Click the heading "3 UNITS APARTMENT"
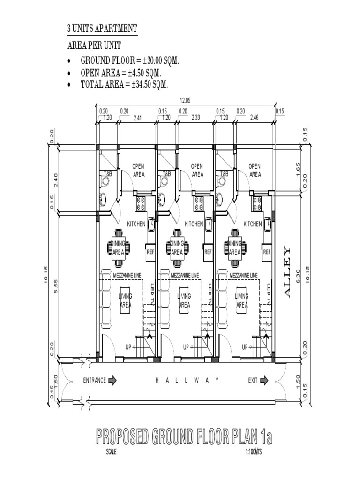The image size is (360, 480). click(102, 29)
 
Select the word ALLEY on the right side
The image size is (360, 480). click(287, 271)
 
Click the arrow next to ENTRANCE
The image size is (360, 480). click(112, 380)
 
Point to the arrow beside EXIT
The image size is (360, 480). click(265, 380)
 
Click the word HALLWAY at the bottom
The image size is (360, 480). click(187, 381)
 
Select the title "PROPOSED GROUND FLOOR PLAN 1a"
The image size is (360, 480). click(184, 438)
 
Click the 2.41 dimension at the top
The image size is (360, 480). click(137, 118)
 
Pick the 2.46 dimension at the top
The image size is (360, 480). click(255, 118)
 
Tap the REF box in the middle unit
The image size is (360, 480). click(208, 252)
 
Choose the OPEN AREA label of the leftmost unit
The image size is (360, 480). click(138, 170)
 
